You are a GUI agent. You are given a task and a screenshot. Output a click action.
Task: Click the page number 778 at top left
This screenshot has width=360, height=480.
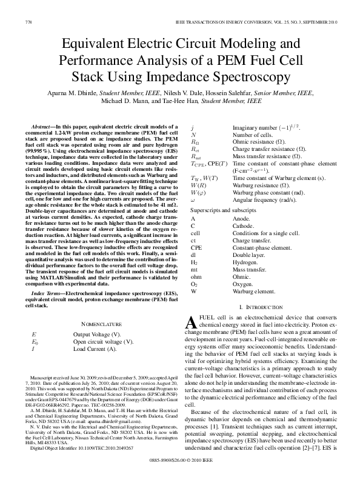tap(28, 22)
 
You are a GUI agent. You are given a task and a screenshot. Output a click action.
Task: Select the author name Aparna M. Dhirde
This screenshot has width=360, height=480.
tap(73, 93)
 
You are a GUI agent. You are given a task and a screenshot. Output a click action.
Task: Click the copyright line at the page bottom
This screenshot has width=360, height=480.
tap(180, 461)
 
